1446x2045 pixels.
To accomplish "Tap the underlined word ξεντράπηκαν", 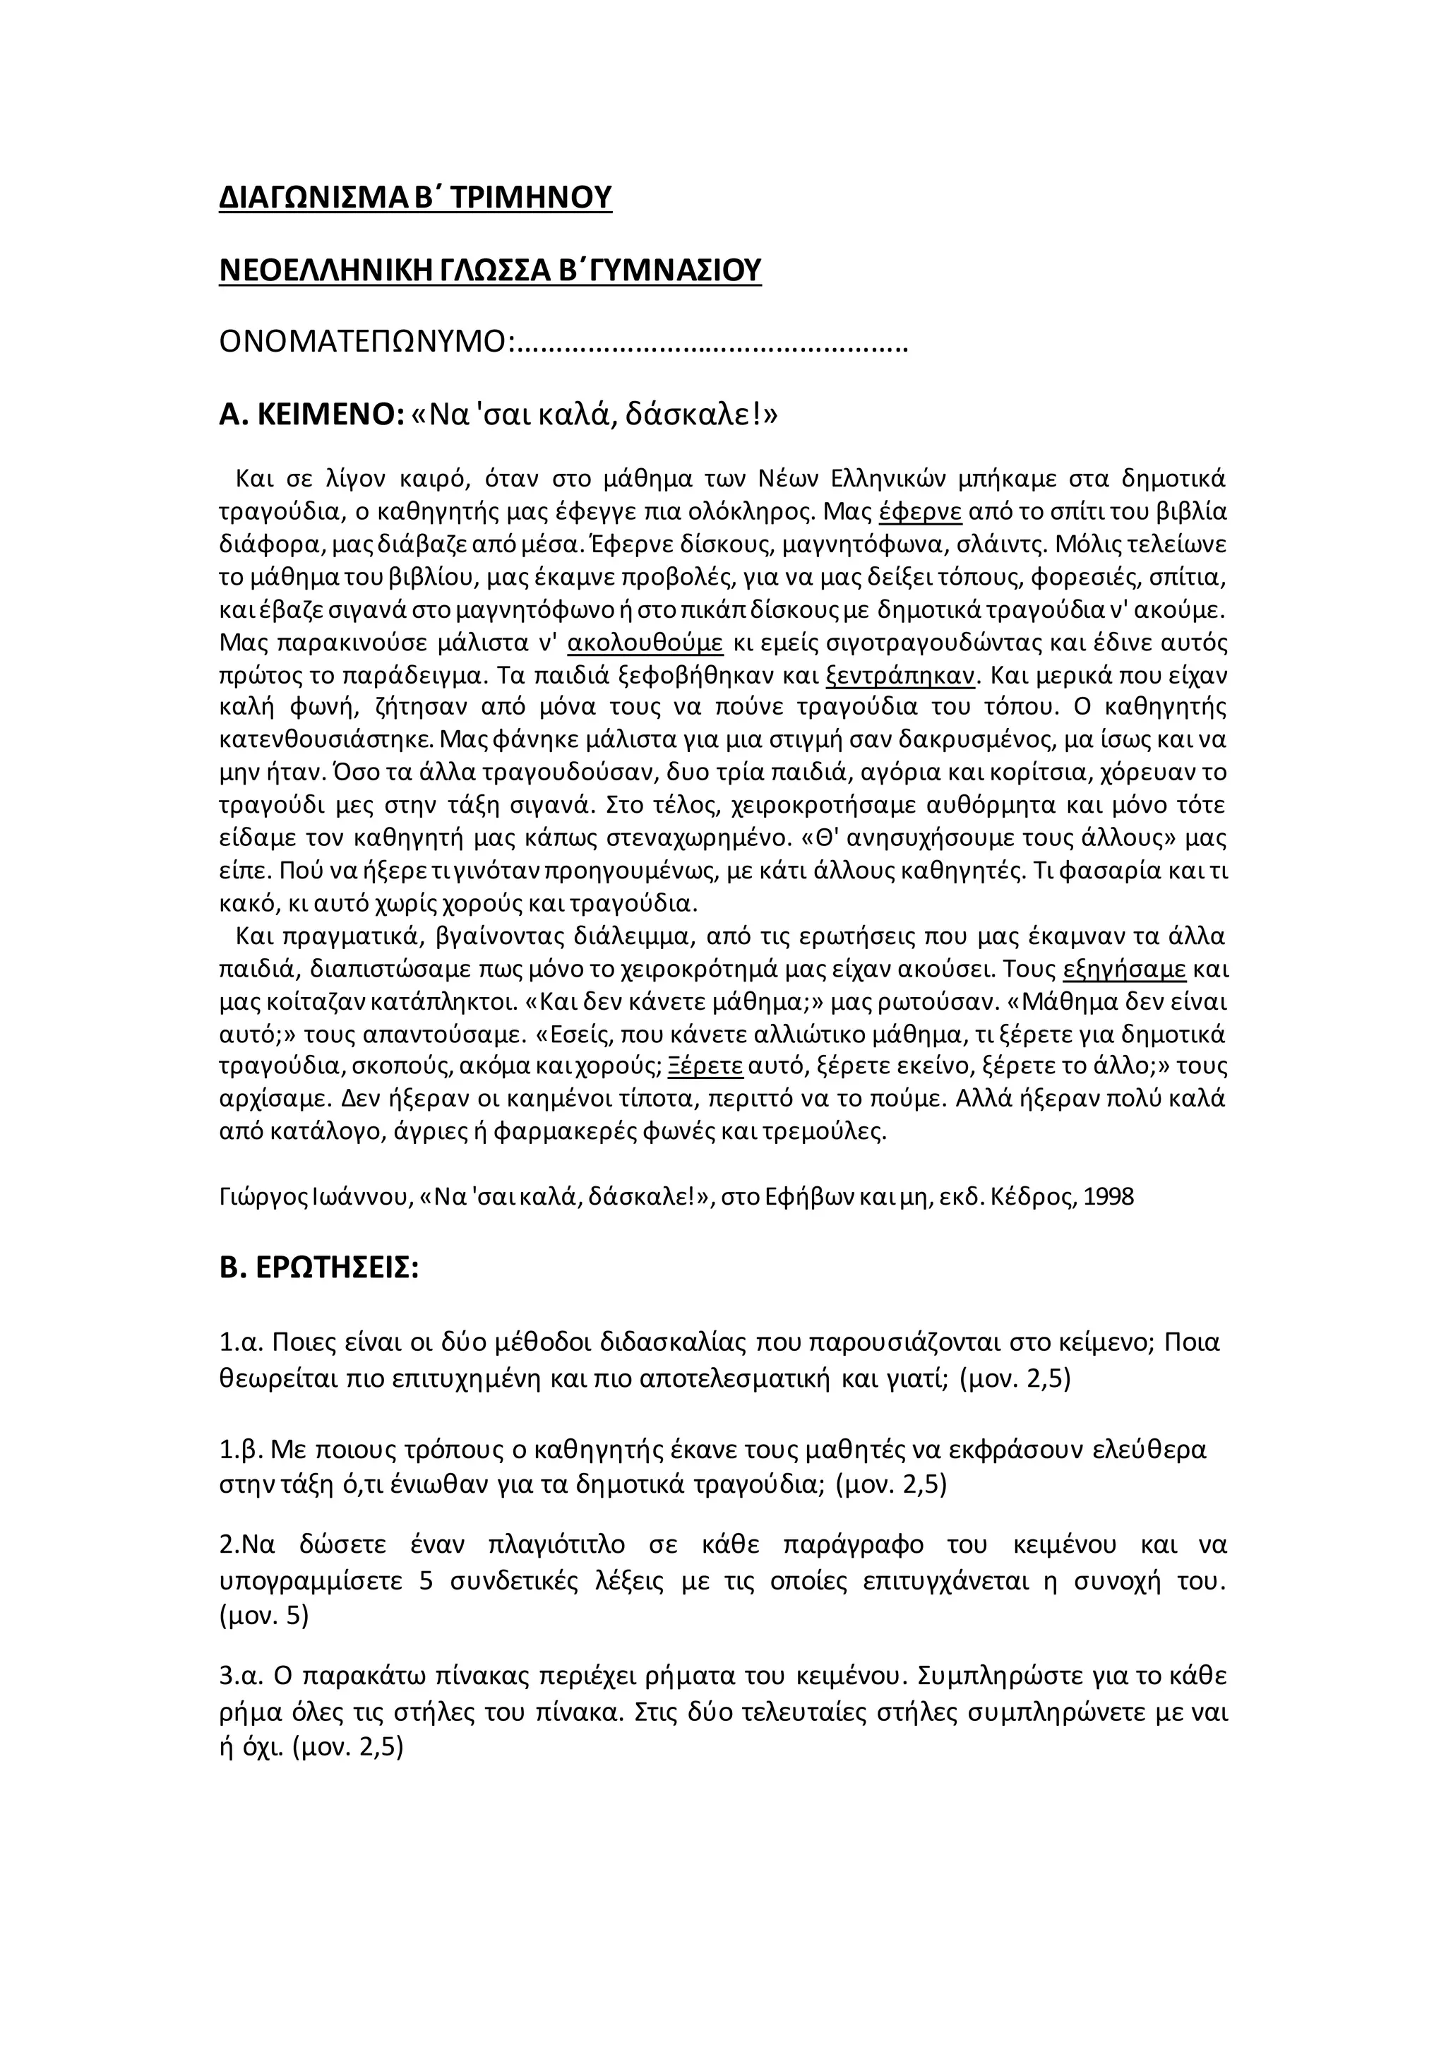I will tap(902, 675).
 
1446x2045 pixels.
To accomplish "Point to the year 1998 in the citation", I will tap(1109, 1196).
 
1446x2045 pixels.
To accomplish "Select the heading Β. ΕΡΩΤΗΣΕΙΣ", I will tap(318, 1268).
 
